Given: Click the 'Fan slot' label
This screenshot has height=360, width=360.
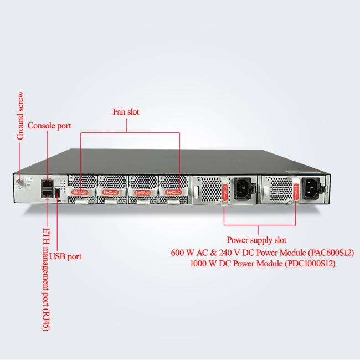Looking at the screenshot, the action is pyautogui.click(x=126, y=112).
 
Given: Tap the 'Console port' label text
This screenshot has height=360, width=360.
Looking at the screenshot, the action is pyautogui.click(x=49, y=126).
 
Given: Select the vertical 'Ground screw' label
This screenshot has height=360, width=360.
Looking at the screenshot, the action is pyautogui.click(x=20, y=116).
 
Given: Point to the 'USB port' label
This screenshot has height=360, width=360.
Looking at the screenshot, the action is pyautogui.click(x=65, y=256).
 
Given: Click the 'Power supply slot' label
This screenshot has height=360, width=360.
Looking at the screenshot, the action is pyautogui.click(x=256, y=240).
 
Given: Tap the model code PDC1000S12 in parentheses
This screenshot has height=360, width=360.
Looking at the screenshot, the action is pyautogui.click(x=310, y=263).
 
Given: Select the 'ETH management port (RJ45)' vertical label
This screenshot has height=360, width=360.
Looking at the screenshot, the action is pyautogui.click(x=46, y=279).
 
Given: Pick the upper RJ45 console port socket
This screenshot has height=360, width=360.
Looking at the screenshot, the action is pyautogui.click(x=47, y=184).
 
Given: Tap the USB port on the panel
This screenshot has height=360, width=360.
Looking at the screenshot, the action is pyautogui.click(x=58, y=192).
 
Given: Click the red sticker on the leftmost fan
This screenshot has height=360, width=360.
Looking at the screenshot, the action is pyautogui.click(x=79, y=192).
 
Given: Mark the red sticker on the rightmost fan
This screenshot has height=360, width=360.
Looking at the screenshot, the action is pyautogui.click(x=173, y=192).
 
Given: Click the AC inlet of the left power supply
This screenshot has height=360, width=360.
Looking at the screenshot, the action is pyautogui.click(x=243, y=188).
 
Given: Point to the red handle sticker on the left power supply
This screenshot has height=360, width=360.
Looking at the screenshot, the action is pyautogui.click(x=225, y=192).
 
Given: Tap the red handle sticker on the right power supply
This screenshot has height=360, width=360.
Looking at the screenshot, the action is pyautogui.click(x=296, y=192).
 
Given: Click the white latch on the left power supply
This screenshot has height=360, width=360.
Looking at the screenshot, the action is pyautogui.click(x=196, y=192).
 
